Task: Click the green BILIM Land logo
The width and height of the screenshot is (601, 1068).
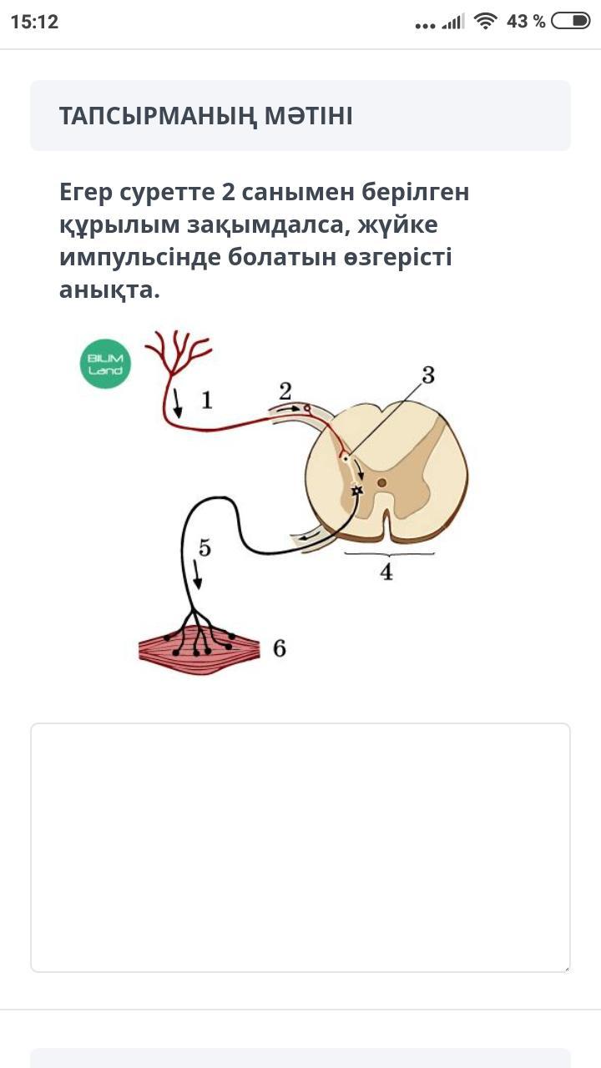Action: (105, 364)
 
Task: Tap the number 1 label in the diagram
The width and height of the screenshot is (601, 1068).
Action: (206, 400)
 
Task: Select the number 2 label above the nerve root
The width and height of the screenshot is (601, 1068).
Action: (285, 391)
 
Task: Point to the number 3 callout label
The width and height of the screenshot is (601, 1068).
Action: (428, 375)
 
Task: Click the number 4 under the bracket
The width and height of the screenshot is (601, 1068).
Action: (386, 572)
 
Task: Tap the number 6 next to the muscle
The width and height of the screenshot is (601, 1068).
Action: (280, 648)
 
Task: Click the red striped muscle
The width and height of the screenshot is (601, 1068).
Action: (199, 649)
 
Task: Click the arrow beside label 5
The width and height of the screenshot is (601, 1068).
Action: (197, 575)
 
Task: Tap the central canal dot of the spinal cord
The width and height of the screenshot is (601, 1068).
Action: (381, 483)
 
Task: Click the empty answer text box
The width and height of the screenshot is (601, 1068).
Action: (300, 847)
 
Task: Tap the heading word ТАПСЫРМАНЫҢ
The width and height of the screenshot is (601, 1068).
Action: (158, 116)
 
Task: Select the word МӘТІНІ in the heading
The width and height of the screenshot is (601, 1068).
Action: (309, 116)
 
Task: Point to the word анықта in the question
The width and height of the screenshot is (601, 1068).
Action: (105, 290)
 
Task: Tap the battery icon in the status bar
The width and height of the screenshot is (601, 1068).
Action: (570, 22)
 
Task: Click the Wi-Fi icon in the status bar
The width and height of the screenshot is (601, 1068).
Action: (485, 22)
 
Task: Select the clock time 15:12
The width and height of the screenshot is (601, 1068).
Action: (34, 22)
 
